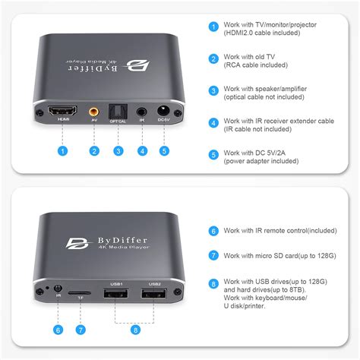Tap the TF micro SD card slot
point(81,292)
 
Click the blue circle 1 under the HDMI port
point(61,150)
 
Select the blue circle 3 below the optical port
point(118,150)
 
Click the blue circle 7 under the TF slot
point(81,329)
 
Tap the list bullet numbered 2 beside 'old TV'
point(213,58)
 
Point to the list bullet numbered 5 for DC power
point(213,155)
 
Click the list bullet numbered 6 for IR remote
point(213,230)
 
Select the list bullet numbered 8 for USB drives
point(213,285)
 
